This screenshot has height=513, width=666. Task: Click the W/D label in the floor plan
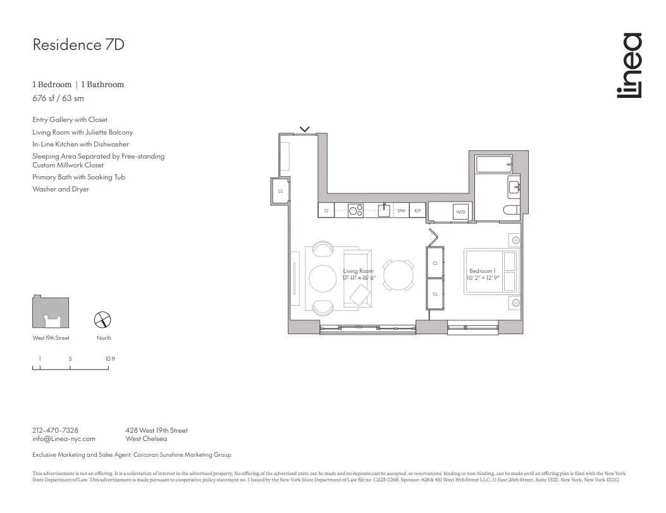(460, 212)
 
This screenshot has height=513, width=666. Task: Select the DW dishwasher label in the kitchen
(401, 210)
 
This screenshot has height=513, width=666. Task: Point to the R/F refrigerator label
(417, 210)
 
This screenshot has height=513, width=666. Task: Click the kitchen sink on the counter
(383, 210)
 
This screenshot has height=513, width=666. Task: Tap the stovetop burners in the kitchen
(355, 210)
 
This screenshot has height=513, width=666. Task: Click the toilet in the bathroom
(512, 210)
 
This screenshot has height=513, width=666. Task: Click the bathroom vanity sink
(514, 186)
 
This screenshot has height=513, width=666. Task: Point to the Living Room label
(358, 271)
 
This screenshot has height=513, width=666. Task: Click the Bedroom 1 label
(482, 271)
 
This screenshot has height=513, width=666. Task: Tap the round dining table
(399, 275)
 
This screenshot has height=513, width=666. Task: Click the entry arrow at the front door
(304, 130)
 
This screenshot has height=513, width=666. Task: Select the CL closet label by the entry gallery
(280, 190)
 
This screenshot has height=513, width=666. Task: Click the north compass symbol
(103, 320)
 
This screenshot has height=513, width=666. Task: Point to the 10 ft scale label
(110, 359)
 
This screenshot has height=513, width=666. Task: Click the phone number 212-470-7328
(55, 430)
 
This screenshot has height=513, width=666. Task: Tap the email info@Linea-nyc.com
(64, 438)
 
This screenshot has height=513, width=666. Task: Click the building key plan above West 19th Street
(51, 312)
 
